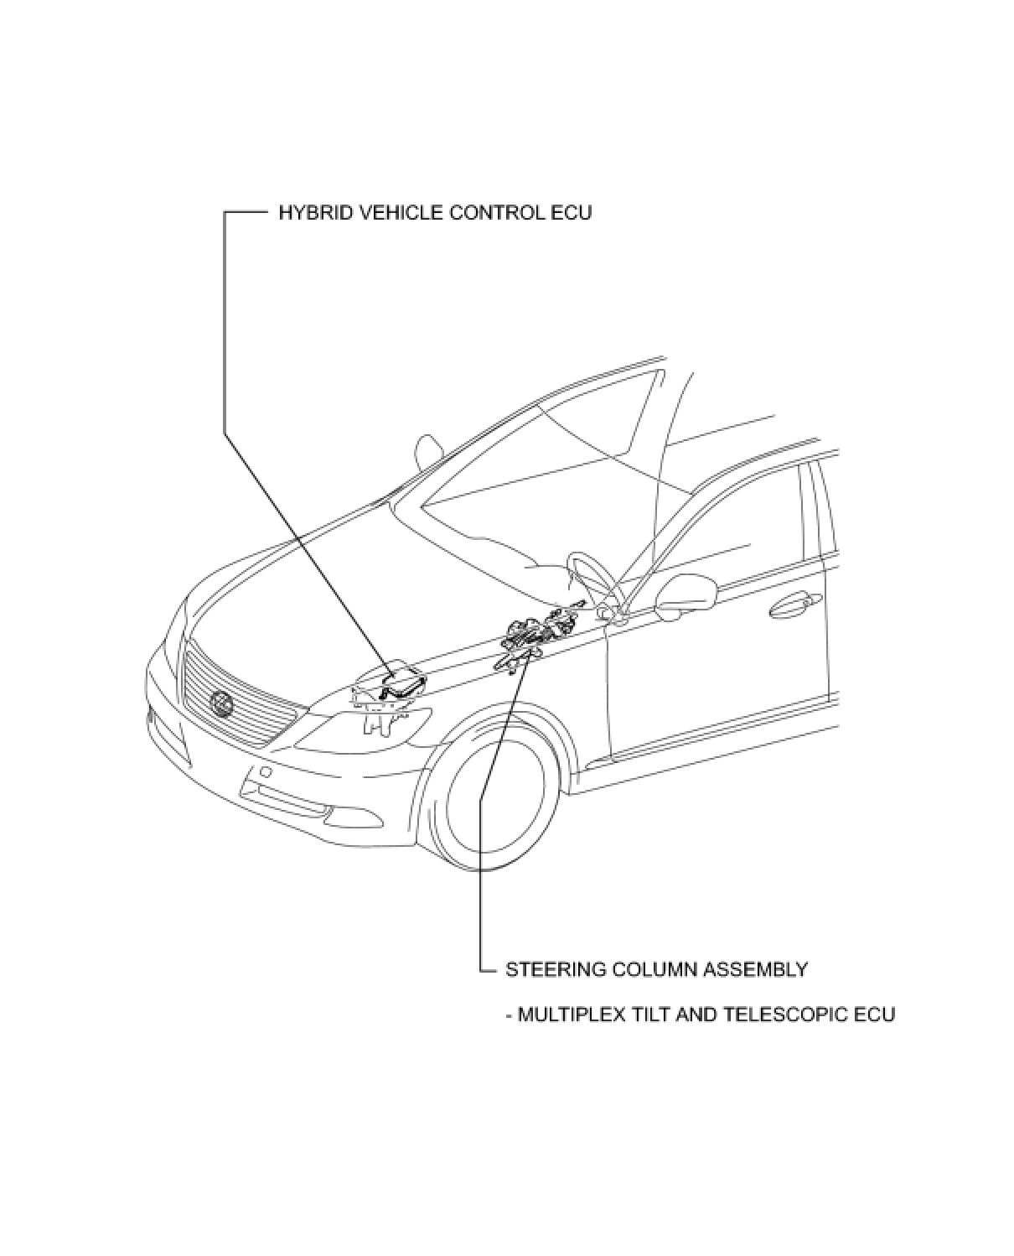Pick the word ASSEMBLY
755,970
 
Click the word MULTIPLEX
571,1015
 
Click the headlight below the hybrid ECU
365,728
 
